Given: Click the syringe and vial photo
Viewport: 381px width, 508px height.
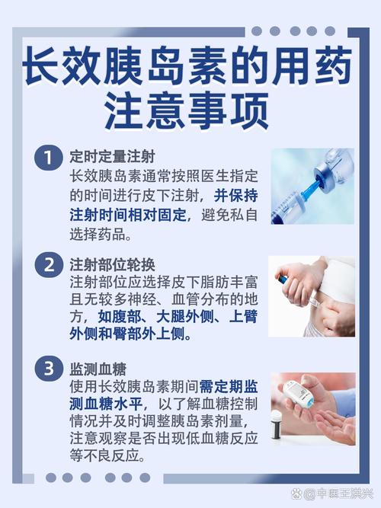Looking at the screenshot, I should point(312,186).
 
